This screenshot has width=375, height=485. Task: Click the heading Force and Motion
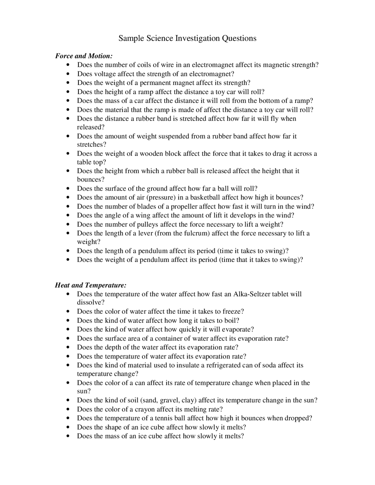(x=84, y=56)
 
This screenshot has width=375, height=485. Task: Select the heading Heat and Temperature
(x=91, y=285)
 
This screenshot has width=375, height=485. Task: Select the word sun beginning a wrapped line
(x=83, y=391)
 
